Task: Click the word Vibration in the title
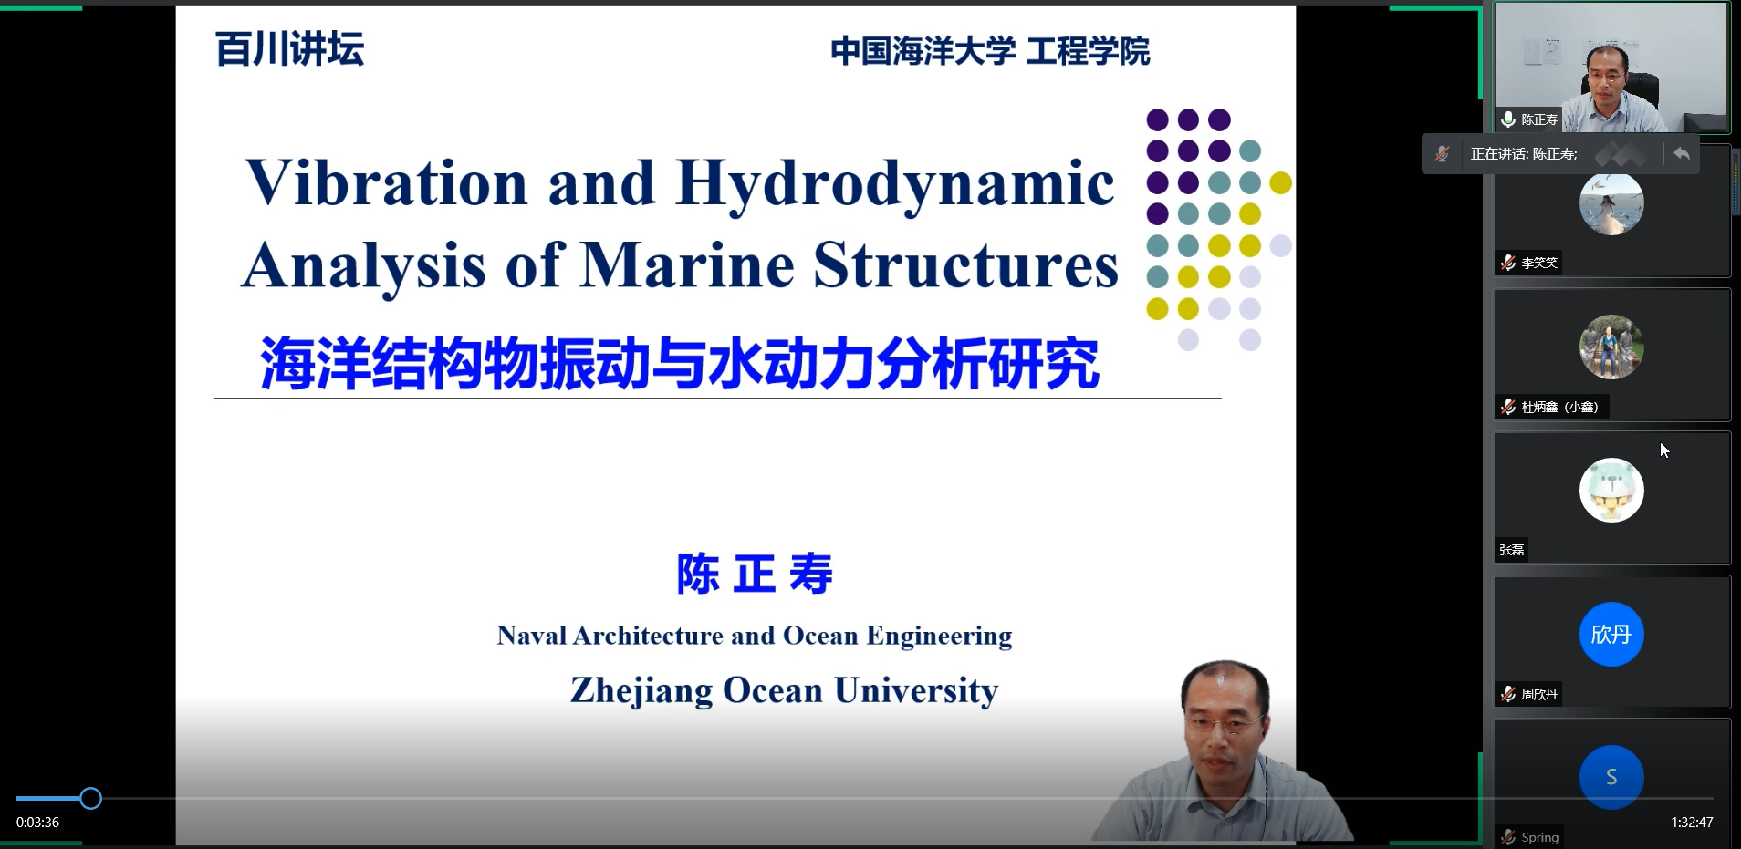[x=387, y=182]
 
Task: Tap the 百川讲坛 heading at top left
[x=289, y=49]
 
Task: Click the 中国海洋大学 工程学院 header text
[x=990, y=51]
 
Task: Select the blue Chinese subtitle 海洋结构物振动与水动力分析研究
[x=680, y=363]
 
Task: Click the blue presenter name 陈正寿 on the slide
[x=755, y=575]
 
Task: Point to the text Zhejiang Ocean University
[x=785, y=690]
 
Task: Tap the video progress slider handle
[x=90, y=799]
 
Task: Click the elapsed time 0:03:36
[x=37, y=823]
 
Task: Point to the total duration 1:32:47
[x=1692, y=823]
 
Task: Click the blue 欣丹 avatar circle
[x=1611, y=634]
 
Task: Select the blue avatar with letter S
[x=1611, y=777]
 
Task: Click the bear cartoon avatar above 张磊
[x=1611, y=491]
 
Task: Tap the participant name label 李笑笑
[x=1539, y=263]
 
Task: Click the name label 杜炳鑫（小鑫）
[x=1559, y=407]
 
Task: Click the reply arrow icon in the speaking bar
[x=1682, y=154]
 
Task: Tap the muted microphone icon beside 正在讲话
[x=1442, y=154]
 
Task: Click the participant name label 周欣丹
[x=1539, y=694]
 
